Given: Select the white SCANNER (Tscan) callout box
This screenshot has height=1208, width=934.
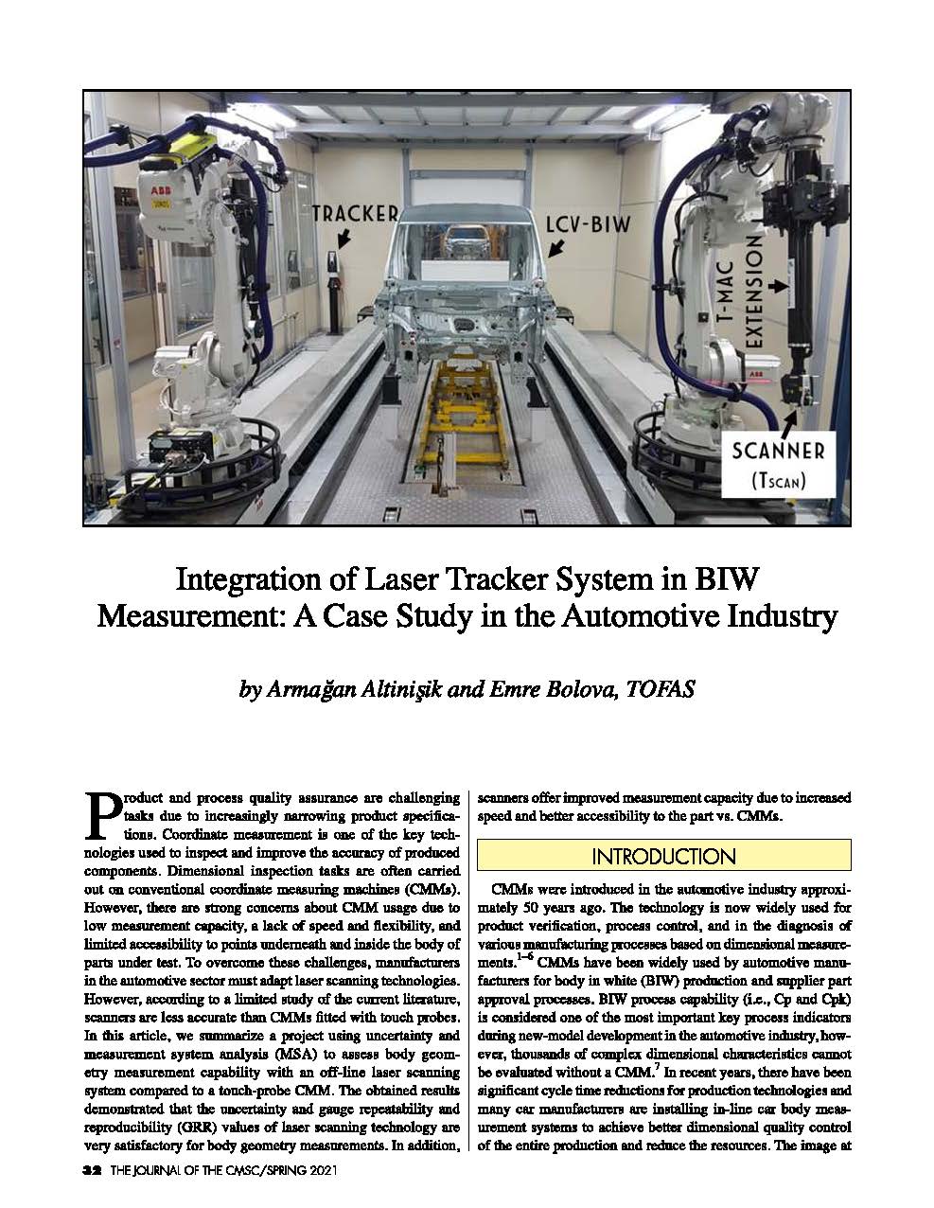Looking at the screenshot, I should coord(778,464).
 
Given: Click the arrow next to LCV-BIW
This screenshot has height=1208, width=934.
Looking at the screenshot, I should coord(557,247).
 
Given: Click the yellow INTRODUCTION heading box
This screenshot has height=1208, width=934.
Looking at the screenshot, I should coord(663,856).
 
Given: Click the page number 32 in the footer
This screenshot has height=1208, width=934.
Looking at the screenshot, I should coord(92,1170).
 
